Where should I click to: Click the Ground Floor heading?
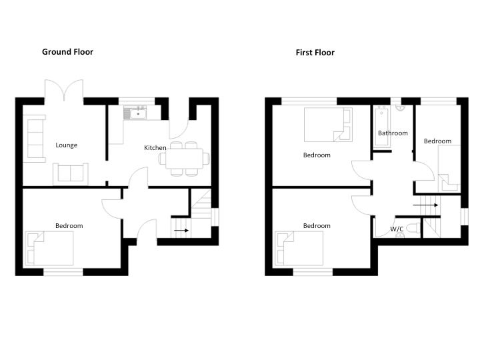[x=67, y=52]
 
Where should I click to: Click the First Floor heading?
[x=315, y=53]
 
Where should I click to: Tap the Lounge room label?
[x=67, y=145]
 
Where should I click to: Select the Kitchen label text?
[x=155, y=147]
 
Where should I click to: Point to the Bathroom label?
[x=393, y=133]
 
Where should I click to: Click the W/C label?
[x=397, y=229]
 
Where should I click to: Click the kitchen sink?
[x=135, y=113]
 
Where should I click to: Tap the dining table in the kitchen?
[x=184, y=159]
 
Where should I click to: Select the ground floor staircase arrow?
[x=181, y=230]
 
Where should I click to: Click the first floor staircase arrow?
[x=425, y=205]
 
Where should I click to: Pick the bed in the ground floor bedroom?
[x=50, y=248]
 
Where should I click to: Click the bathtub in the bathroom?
[x=381, y=127]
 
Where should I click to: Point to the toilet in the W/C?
[x=414, y=229]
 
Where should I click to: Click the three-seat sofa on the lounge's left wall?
[x=35, y=139]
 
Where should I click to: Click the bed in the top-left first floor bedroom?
[x=328, y=125]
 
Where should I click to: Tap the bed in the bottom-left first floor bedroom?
[x=299, y=248]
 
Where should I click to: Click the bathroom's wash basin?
[x=401, y=108]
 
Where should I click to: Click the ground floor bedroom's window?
[x=63, y=272]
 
